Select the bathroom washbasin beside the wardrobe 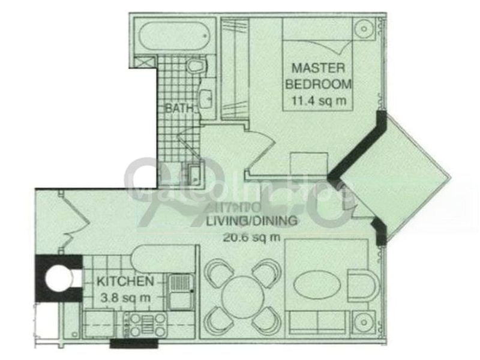[206, 98]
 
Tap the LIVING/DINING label [251, 221]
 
